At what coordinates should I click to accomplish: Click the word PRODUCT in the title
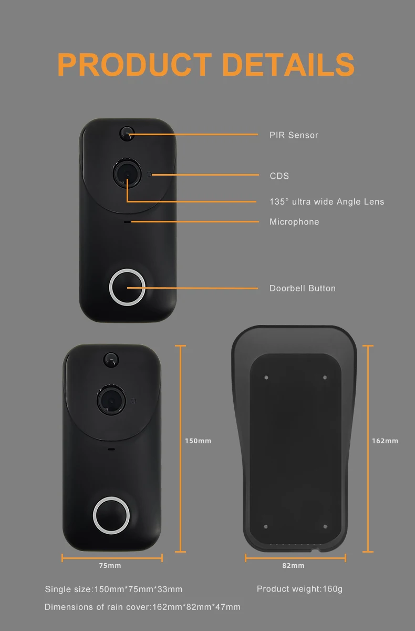click(x=134, y=65)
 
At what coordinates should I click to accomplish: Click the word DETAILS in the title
click(x=288, y=65)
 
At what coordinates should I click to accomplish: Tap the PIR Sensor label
click(x=294, y=135)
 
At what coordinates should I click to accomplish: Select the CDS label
click(x=279, y=176)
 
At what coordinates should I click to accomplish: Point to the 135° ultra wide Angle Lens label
click(x=327, y=201)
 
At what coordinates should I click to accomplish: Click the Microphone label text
click(x=294, y=222)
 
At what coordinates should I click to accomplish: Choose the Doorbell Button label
click(x=302, y=288)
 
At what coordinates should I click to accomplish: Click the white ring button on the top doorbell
click(x=127, y=287)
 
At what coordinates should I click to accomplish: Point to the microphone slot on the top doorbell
click(x=127, y=222)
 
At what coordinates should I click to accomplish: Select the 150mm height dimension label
click(x=198, y=441)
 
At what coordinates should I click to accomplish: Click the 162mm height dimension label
click(x=385, y=441)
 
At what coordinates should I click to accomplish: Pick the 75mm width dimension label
click(x=110, y=566)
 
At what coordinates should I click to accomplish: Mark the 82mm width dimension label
click(x=293, y=566)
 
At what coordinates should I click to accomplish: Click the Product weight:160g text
click(x=299, y=589)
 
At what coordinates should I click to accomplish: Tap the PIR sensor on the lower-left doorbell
click(x=111, y=360)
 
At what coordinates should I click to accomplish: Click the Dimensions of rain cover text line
click(x=142, y=607)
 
